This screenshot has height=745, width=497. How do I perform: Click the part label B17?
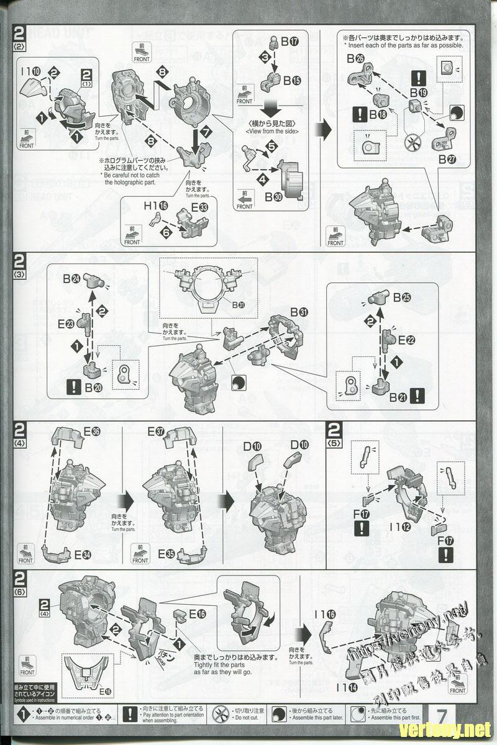point(290,43)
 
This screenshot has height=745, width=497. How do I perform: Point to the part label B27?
point(447,160)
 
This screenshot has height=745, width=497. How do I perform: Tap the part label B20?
point(93,387)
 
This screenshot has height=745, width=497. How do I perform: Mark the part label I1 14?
point(345,687)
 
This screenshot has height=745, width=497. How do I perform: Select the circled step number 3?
point(264,57)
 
